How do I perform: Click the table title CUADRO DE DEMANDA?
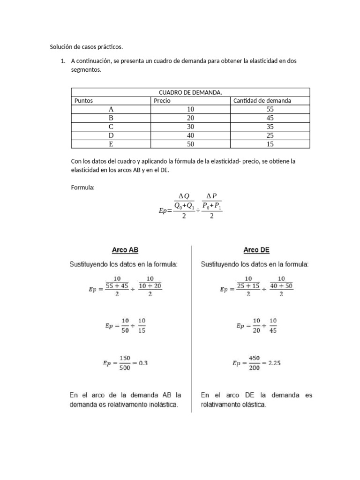(190, 92)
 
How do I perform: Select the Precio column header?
(162, 101)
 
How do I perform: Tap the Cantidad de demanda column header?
(262, 101)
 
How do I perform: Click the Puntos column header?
(84, 101)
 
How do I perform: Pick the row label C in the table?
(111, 127)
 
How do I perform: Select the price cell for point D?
(190, 135)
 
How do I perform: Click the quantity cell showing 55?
(270, 109)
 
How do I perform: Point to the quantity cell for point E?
(270, 144)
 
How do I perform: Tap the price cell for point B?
(190, 118)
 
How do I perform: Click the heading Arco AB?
(125, 250)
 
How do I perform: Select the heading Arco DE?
(256, 250)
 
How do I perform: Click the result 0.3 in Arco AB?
(143, 363)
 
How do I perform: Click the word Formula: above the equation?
(83, 187)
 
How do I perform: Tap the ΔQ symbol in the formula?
(184, 196)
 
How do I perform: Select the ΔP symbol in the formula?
(211, 196)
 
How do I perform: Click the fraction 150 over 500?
(125, 363)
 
